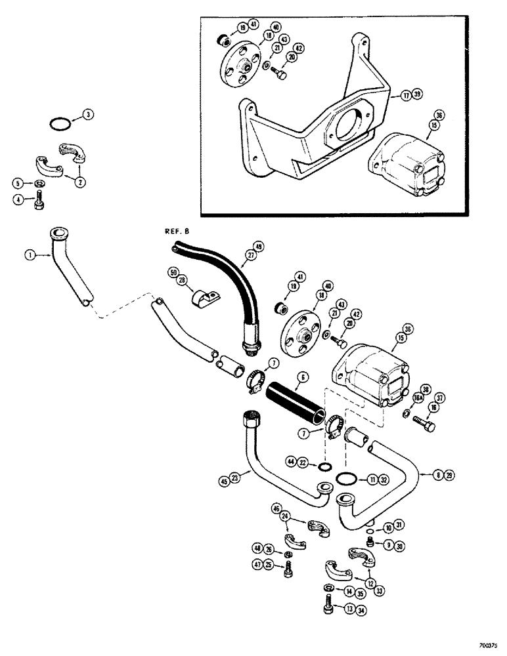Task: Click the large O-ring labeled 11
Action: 345,480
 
